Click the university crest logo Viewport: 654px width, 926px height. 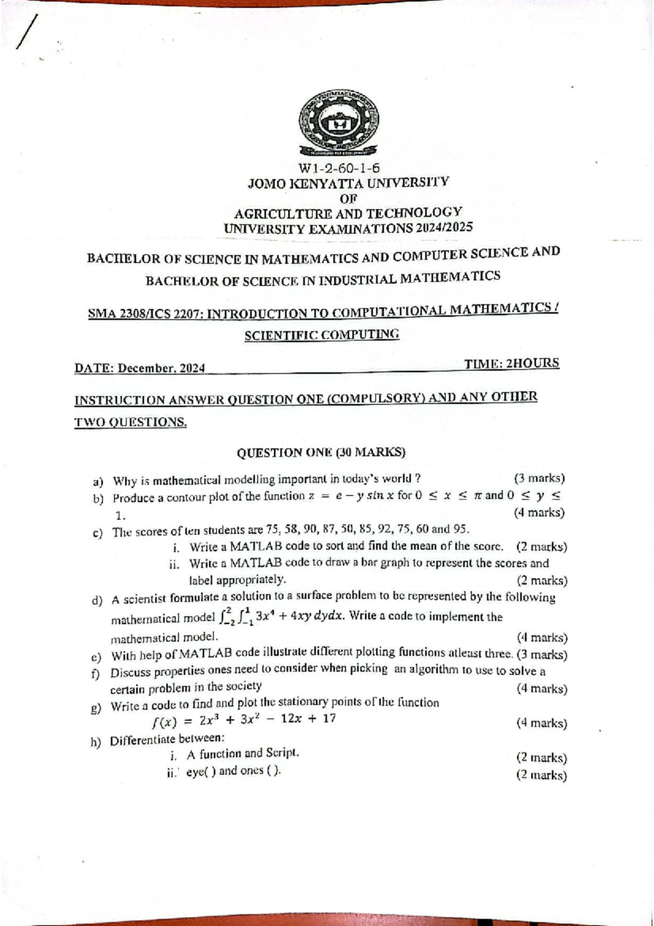340,122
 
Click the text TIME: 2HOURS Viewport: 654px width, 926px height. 511,363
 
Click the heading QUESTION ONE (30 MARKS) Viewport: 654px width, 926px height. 321,453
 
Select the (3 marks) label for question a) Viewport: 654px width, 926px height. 539,478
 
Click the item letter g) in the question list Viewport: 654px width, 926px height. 96,708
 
